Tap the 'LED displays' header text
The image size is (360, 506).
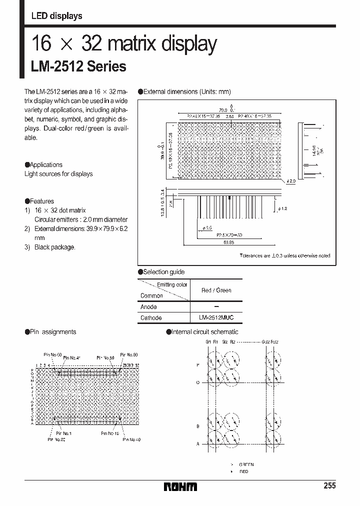[56, 16]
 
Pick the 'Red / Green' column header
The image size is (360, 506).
[216, 290]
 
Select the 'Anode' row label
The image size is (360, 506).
[148, 307]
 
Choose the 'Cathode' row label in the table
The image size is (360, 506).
[151, 318]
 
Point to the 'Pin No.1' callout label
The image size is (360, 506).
[63, 433]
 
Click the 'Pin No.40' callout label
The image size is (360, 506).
[130, 439]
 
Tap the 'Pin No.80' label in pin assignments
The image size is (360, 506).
[128, 354]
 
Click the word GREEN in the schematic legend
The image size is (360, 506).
[246, 464]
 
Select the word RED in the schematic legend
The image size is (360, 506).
[243, 471]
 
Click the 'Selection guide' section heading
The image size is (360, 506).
[163, 272]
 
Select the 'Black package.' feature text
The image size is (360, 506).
[54, 247]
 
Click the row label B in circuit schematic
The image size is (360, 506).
[198, 426]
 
